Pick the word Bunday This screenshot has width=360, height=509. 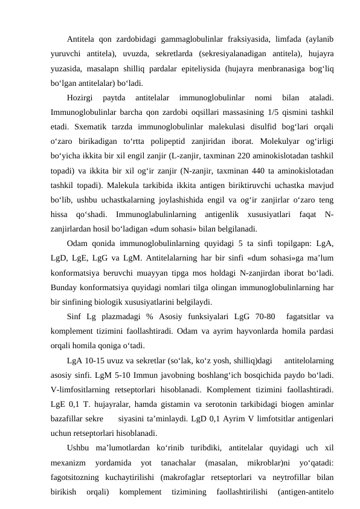coord(67,285)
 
